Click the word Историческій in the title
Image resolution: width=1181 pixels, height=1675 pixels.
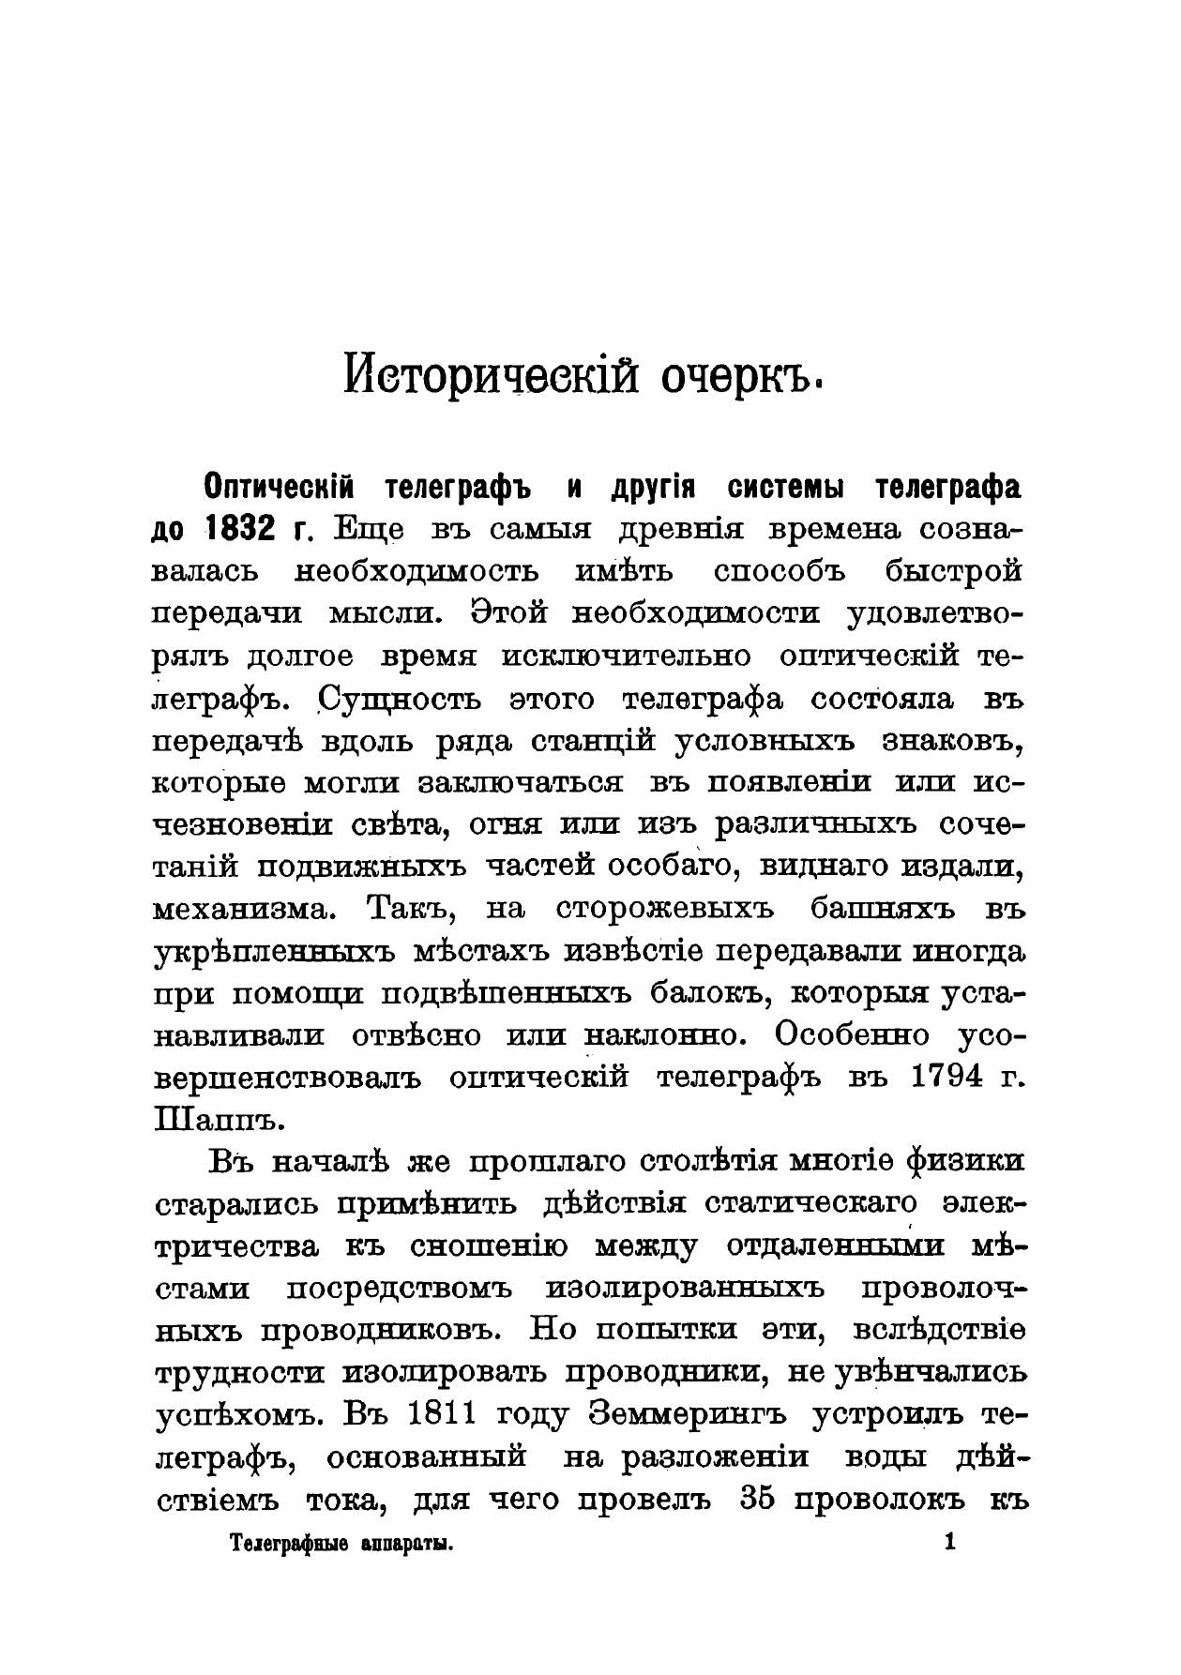pyautogui.click(x=488, y=377)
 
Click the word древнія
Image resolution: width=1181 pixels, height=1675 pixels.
pyautogui.click(x=681, y=530)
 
